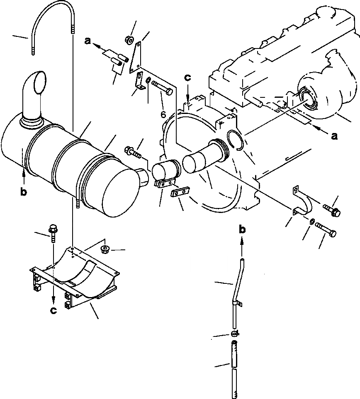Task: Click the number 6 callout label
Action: (163, 114)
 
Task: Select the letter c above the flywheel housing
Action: (188, 77)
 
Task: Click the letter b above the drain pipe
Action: (241, 230)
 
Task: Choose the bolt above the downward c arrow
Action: (53, 234)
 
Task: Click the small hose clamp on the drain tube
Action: (235, 334)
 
